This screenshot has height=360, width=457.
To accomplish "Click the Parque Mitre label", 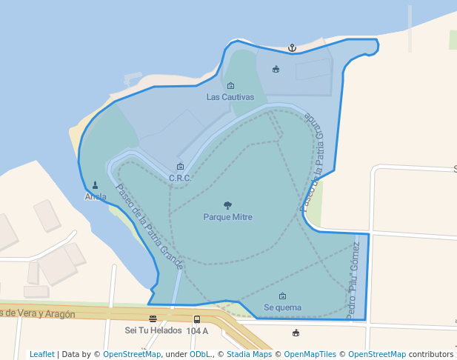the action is coord(227,218).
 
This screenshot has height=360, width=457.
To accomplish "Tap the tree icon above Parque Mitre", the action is coord(227,205).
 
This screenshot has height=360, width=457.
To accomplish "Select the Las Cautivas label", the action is coord(230,97).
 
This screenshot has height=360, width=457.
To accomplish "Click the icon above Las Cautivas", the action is coord(230,86).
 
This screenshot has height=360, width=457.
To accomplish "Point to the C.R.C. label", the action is coord(180,178).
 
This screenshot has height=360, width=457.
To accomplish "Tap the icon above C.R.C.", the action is coord(180,167).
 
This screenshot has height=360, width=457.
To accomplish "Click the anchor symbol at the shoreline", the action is coord(292,48).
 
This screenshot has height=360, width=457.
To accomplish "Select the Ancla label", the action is coord(96,197).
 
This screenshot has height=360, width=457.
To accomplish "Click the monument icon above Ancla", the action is coord(96,185).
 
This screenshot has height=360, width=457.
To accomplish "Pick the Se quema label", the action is coord(282,307).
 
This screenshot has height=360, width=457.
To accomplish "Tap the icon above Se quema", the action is coord(282,296).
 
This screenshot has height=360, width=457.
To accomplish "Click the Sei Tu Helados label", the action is coord(153,330).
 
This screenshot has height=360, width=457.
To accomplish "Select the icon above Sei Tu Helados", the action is coord(153,319).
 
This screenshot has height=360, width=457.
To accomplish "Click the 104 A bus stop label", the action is coord(197,330).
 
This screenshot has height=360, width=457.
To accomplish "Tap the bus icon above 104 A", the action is coord(197,319).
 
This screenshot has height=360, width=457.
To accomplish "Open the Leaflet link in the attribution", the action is coord(41,354).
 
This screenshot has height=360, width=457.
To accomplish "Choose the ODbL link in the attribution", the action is coord(199,354).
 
